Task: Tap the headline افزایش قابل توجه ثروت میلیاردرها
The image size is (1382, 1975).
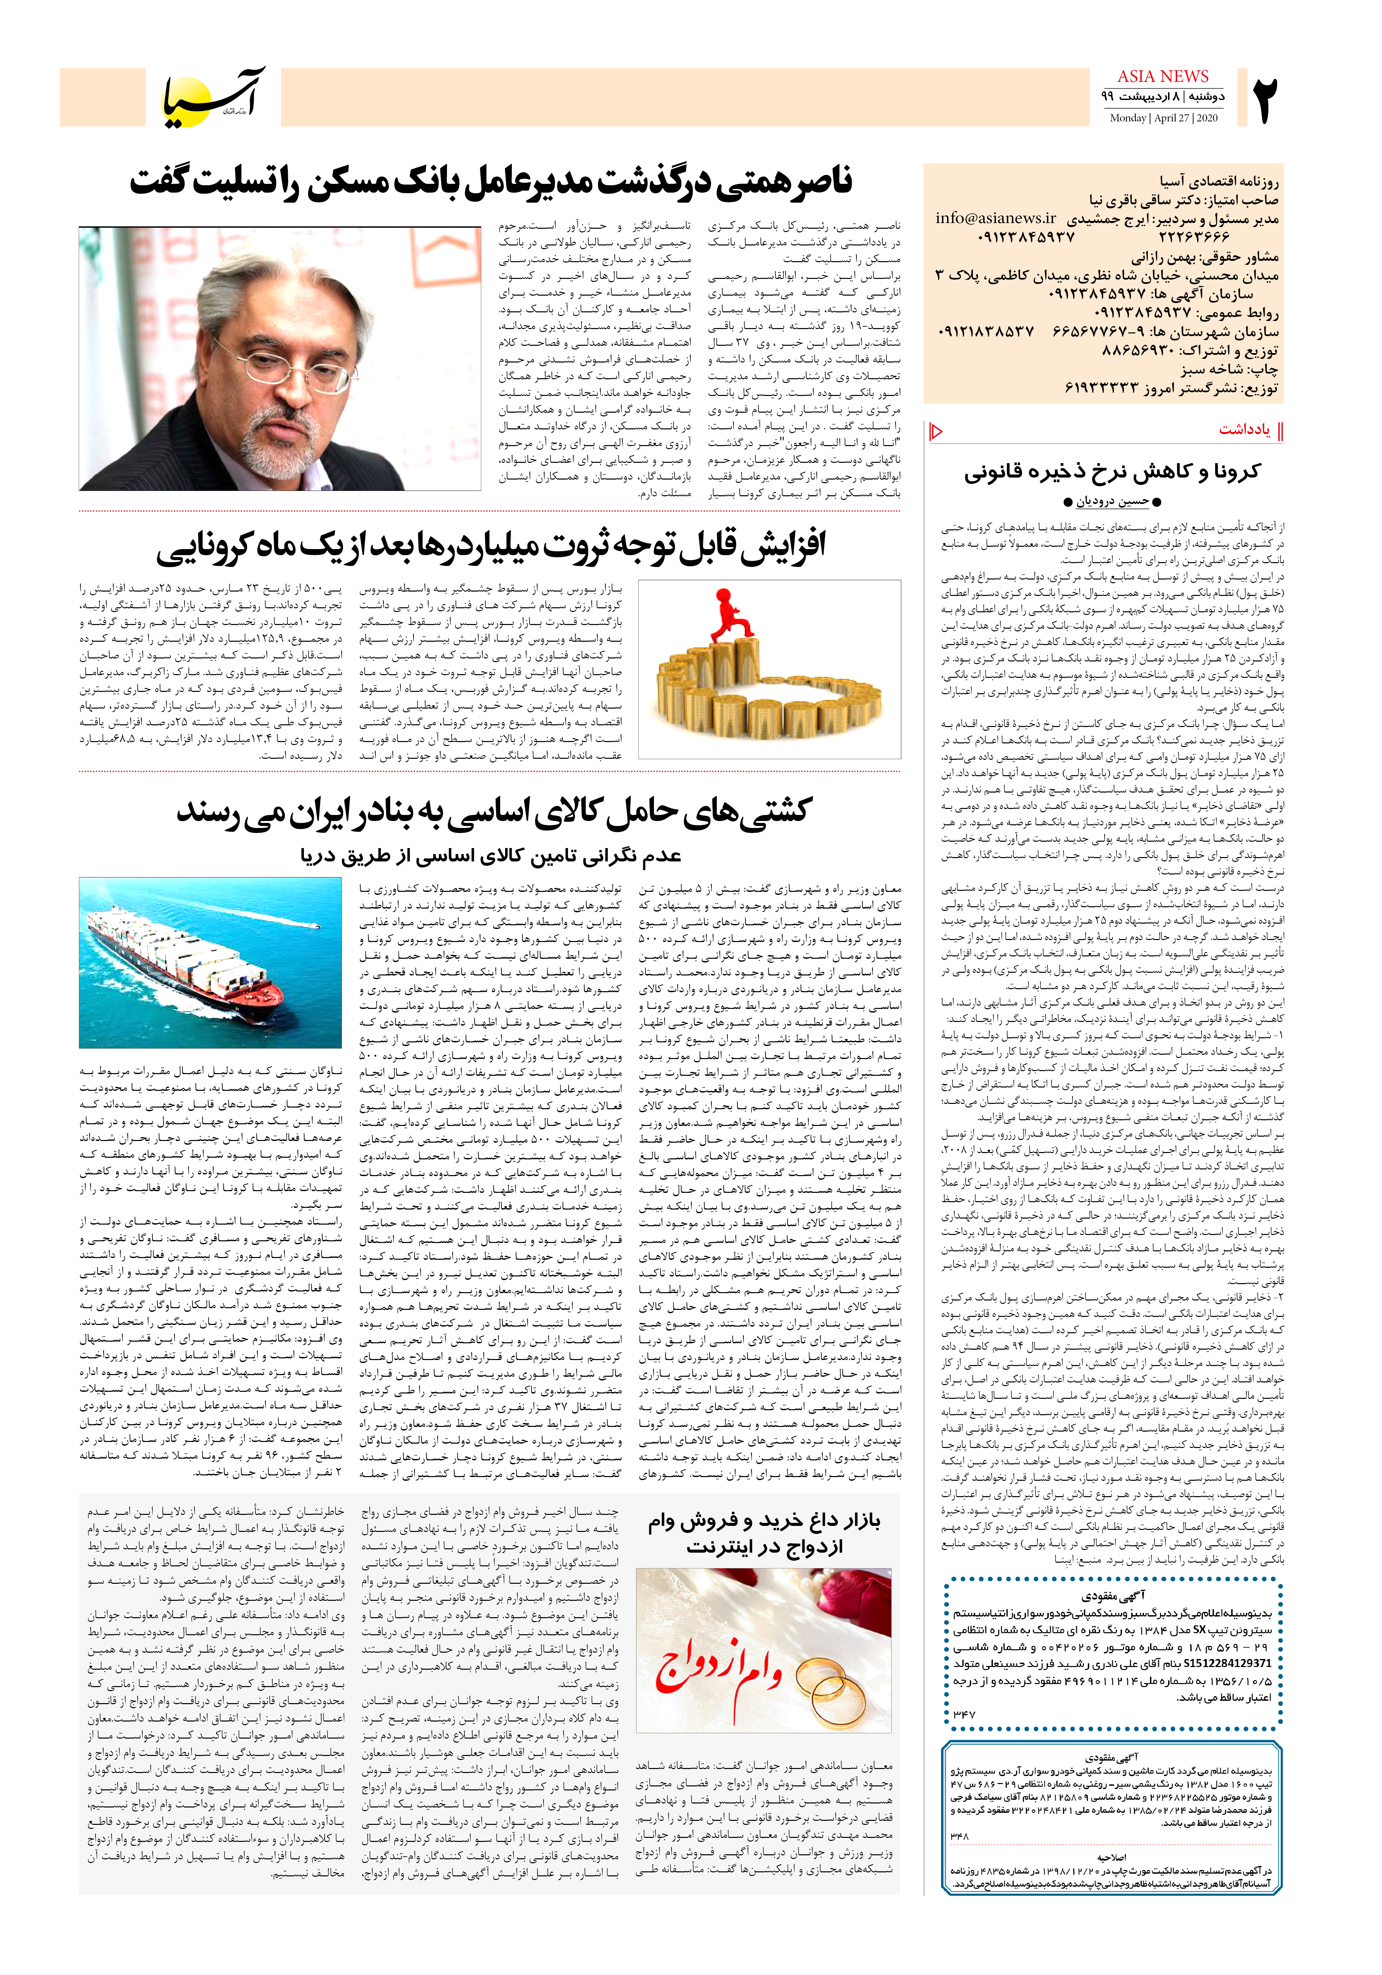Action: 490,546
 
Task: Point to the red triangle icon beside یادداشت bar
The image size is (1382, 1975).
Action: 936,431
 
